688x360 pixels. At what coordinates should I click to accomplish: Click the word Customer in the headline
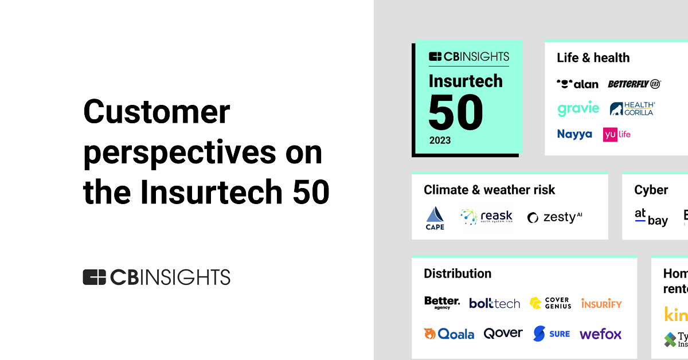157,112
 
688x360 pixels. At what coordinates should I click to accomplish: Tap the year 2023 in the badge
439,140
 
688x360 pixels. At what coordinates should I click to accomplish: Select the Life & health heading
593,58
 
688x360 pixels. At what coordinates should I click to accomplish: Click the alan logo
577,84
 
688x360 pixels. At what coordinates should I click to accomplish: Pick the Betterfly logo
634,84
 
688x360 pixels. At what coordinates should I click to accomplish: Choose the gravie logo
578,108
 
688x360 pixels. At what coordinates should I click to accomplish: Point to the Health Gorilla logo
632,108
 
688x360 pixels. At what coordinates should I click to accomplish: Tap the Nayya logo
574,134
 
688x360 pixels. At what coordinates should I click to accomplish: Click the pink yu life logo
617,134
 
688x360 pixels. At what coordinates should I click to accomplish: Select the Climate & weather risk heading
489,190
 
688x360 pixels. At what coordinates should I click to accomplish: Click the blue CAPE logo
435,218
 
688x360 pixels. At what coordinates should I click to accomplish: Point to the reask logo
486,217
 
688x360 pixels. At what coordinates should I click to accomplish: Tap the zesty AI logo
554,217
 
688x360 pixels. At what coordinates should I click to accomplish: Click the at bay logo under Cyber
651,217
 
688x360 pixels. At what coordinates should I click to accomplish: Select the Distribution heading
457,273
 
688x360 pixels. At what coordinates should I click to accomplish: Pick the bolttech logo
494,303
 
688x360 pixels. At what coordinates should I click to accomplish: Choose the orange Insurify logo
601,303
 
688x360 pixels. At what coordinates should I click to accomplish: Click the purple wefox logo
600,334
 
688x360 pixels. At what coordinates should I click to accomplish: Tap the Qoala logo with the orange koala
449,334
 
